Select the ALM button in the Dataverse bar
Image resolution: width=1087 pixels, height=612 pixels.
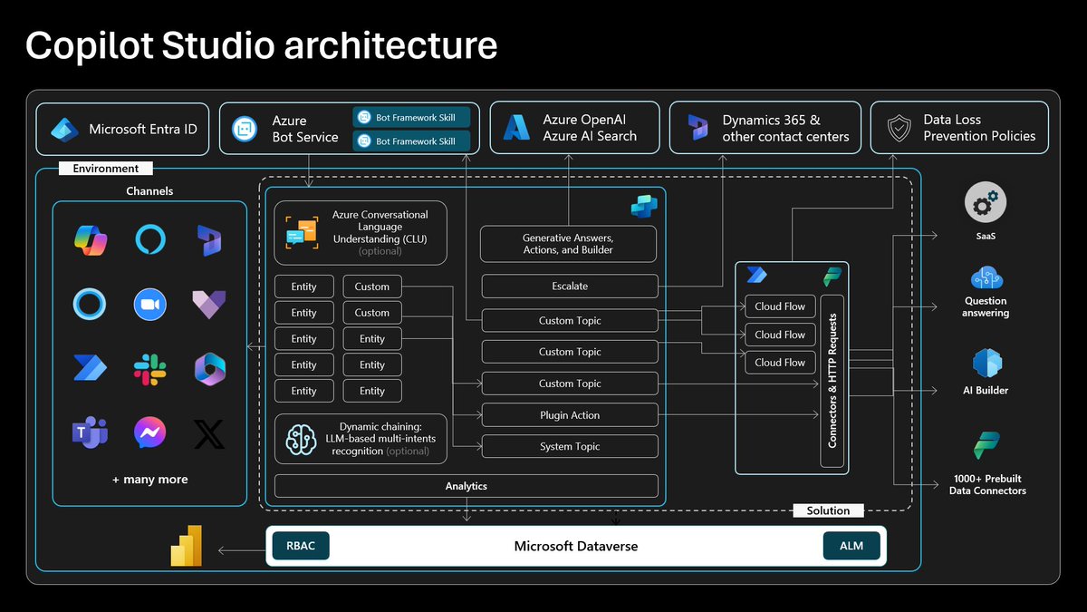coord(851,546)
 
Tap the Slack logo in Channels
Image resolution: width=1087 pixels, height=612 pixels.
coord(149,369)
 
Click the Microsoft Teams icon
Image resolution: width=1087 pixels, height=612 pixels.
coord(90,433)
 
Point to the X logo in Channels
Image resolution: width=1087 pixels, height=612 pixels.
coord(209,433)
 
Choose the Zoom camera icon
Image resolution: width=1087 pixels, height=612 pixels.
coord(149,305)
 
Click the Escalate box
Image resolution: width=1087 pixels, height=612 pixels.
coord(570,287)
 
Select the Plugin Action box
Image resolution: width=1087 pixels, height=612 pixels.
coord(570,415)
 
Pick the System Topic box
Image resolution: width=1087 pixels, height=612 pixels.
coord(570,446)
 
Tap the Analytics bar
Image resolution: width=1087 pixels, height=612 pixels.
coord(466,486)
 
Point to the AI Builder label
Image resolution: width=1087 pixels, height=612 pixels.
coord(986,391)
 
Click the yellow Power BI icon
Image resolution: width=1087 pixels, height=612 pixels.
coord(187,547)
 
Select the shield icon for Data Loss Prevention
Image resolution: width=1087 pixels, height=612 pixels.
coord(898,128)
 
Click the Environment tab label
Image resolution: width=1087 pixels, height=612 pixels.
coord(106,169)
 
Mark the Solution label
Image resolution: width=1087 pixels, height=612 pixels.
coord(828,510)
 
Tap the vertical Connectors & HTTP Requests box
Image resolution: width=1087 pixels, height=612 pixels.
coord(832,381)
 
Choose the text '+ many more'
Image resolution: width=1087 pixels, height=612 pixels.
coord(149,480)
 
